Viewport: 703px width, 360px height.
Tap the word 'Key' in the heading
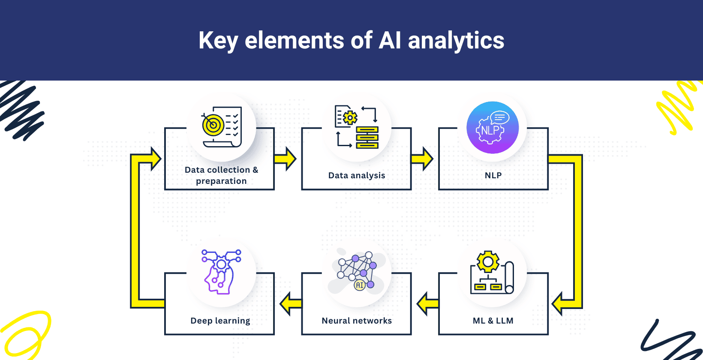pos(218,41)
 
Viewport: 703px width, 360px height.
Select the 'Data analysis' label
pos(357,175)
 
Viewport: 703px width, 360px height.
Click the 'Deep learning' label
pos(220,321)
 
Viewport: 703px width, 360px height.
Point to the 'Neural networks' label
pos(357,321)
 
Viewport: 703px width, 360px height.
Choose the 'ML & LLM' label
pos(493,321)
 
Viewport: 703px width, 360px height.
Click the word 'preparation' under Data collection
pos(221,181)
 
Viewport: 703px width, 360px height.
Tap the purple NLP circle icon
pos(493,128)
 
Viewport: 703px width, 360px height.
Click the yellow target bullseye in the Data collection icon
pos(213,125)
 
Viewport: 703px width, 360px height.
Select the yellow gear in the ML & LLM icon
pos(488,261)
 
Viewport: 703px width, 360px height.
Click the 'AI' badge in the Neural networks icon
pos(360,285)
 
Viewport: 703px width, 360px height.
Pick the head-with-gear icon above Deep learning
pos(221,273)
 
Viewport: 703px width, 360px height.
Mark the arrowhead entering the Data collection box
pos(155,159)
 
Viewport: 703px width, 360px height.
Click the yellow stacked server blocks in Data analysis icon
pos(367,138)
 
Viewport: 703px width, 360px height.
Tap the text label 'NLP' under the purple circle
pos(493,175)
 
